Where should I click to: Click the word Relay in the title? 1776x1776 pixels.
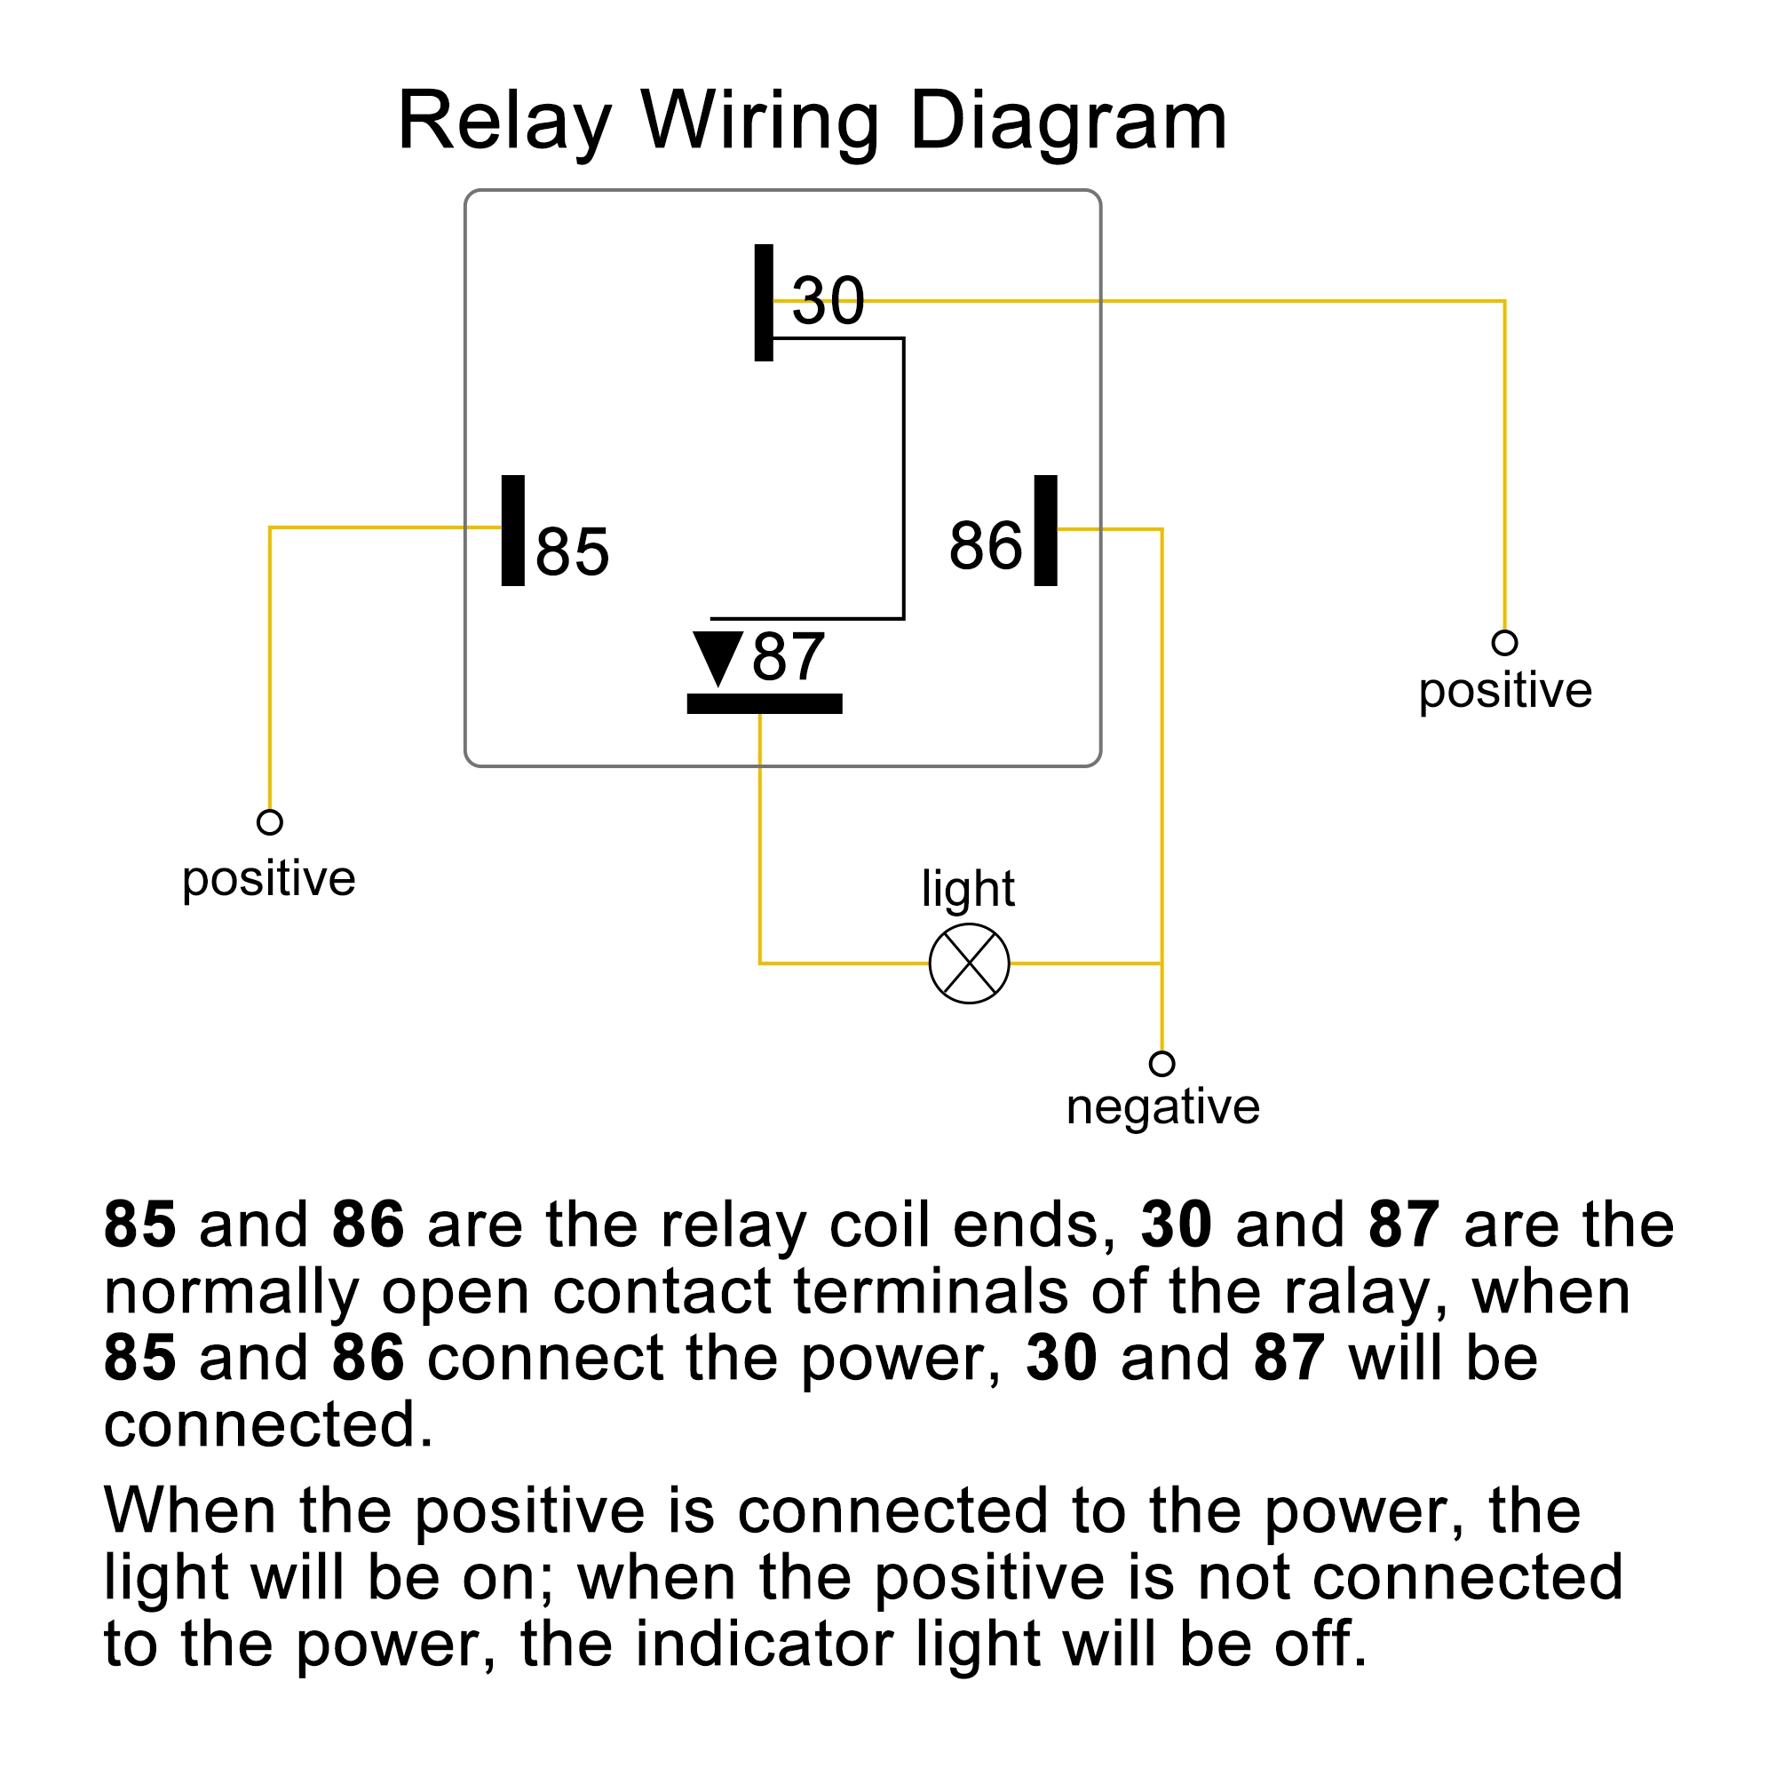pos(504,122)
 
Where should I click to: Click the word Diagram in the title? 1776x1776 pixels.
pos(1068,122)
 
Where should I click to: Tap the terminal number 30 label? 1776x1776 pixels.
pos(829,301)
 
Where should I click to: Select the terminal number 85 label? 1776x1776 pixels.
pos(572,552)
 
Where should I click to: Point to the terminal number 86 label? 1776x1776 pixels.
pos(986,546)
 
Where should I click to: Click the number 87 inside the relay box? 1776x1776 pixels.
pos(788,657)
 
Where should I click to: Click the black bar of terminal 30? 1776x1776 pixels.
pos(764,303)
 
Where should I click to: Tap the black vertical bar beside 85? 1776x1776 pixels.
pos(513,530)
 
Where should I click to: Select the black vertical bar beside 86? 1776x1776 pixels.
pos(1045,530)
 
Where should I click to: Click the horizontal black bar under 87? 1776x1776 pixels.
pos(765,704)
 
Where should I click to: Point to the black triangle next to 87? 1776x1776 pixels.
pos(718,655)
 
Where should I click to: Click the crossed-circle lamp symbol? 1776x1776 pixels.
pos(969,963)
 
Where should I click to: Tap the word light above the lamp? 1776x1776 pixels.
pos(968,889)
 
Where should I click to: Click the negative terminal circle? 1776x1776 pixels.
pos(1162,1064)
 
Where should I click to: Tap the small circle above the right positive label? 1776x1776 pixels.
pos(1505,643)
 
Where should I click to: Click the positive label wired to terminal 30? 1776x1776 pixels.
pos(1505,690)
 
